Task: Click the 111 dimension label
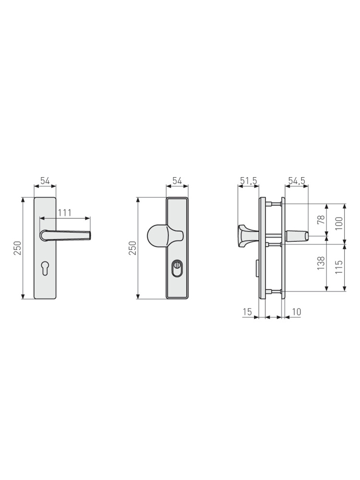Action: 65,213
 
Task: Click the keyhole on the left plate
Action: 45,268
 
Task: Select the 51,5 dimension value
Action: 249,181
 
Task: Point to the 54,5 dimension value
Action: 297,181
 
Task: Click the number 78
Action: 321,219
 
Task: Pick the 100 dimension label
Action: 339,224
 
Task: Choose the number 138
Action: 321,263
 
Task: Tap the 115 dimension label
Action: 339,267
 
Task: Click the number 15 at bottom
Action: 247,312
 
